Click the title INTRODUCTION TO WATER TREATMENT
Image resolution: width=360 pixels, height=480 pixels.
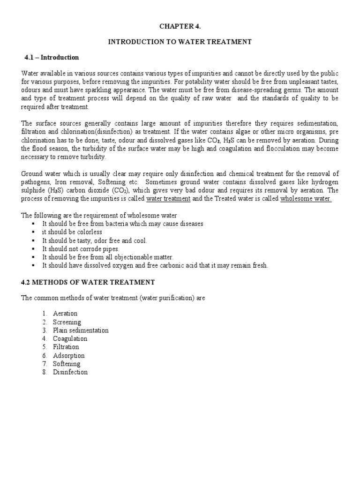(180, 42)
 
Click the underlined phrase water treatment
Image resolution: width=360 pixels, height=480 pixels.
(168, 199)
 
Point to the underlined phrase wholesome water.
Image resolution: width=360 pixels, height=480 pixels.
(306, 199)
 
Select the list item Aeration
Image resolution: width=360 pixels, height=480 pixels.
(65, 314)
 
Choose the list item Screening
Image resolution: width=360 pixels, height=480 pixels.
(67, 322)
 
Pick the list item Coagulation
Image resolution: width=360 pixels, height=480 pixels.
(70, 339)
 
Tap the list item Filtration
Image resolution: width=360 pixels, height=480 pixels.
(66, 347)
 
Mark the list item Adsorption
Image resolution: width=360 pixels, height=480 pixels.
(68, 356)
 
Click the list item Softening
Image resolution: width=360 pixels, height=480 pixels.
(67, 364)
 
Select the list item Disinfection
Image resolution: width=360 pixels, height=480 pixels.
(70, 372)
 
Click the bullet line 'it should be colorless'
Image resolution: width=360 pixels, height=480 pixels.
(72, 232)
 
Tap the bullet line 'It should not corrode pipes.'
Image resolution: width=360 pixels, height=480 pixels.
(81, 249)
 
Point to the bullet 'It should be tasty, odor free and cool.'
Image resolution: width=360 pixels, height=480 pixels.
(94, 240)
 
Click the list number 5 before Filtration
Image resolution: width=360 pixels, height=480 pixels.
(44, 347)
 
